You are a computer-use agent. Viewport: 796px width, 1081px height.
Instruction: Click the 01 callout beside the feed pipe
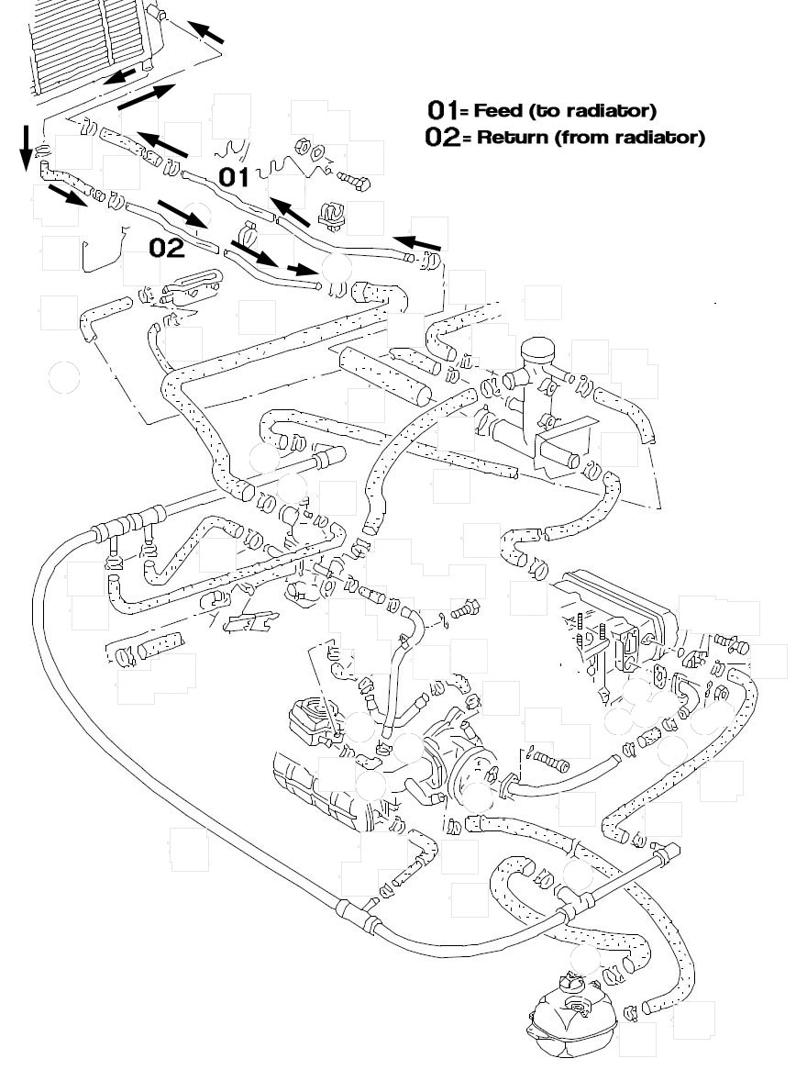coord(233,176)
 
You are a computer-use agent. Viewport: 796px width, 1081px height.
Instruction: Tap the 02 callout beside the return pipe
coord(167,247)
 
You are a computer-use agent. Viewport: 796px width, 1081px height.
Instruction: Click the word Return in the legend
coord(506,139)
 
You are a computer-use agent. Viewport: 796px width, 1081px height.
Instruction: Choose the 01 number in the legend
coord(442,110)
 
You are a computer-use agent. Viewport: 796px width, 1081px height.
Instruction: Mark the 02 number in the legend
coord(442,138)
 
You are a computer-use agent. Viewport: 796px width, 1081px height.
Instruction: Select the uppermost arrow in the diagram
coord(207,33)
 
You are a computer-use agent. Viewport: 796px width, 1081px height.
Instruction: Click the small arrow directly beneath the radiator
coord(119,76)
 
